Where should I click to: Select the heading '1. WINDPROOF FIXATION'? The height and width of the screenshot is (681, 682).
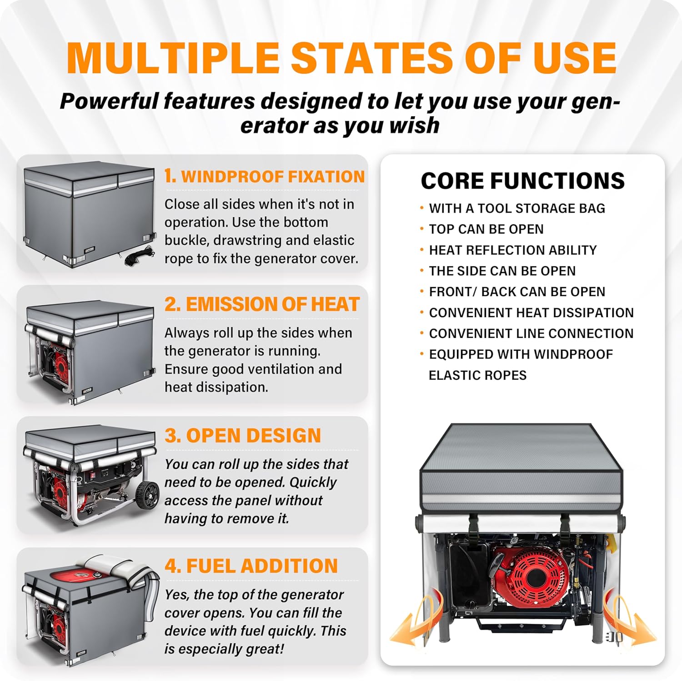pyautogui.click(x=265, y=176)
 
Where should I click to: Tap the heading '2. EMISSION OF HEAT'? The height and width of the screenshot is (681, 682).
pyautogui.click(x=262, y=304)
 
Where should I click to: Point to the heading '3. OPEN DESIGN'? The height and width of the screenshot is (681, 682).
pyautogui.click(x=243, y=435)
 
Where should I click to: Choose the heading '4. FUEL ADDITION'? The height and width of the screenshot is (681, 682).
pyautogui.click(x=251, y=566)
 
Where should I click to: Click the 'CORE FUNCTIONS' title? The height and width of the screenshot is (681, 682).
pyautogui.click(x=523, y=181)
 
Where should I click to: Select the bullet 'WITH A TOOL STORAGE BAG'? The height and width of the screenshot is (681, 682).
pyautogui.click(x=517, y=208)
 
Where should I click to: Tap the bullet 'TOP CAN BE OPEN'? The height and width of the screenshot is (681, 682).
pyautogui.click(x=486, y=229)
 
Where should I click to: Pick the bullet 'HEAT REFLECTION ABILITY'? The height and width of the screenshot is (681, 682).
pyautogui.click(x=513, y=250)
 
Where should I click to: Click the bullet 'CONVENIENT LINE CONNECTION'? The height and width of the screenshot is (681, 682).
pyautogui.click(x=531, y=333)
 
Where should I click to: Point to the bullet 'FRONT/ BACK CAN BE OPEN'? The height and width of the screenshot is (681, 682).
pyautogui.click(x=517, y=292)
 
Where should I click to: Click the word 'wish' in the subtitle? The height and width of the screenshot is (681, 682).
pyautogui.click(x=414, y=125)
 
